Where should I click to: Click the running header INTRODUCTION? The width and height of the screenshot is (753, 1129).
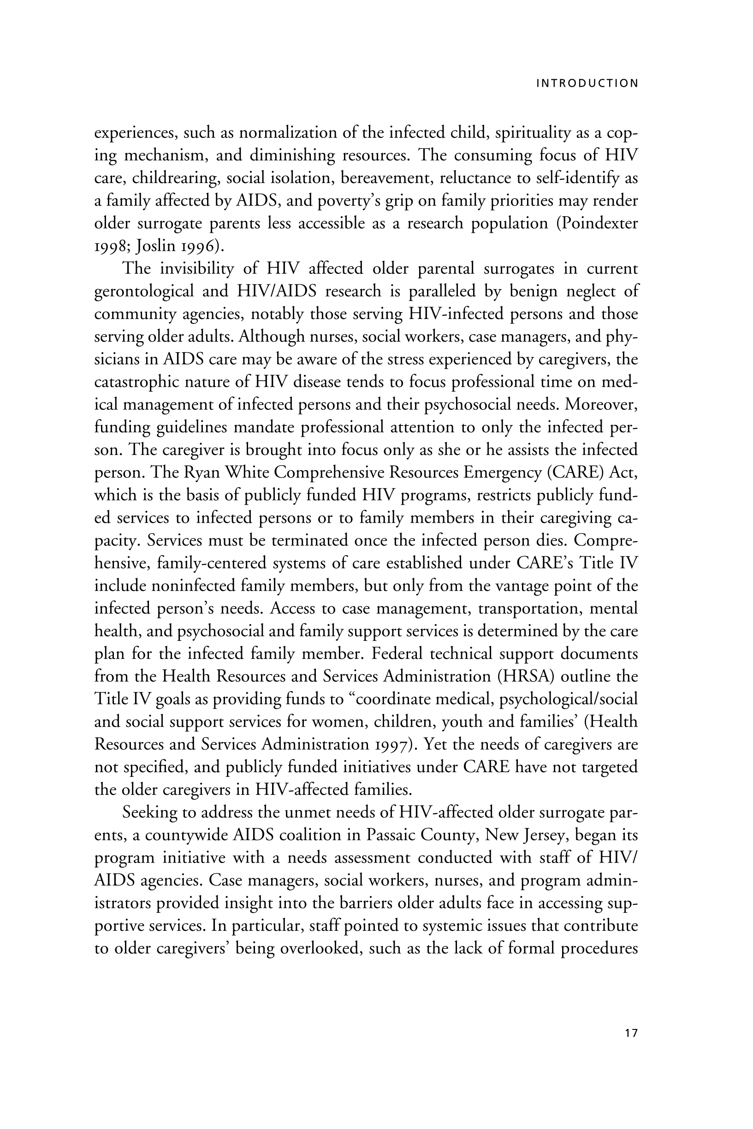[x=587, y=83]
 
